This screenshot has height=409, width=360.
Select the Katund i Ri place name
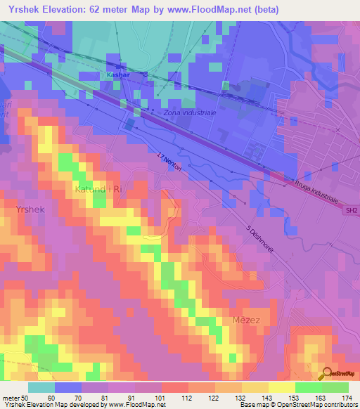[98, 190]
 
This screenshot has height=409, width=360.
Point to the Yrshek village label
[31, 210]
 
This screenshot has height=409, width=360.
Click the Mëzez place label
[247, 320]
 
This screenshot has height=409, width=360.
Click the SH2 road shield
[351, 209]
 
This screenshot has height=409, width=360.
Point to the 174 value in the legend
[348, 397]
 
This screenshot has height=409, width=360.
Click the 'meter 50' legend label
[13, 397]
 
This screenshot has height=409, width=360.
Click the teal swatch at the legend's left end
[41, 387]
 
